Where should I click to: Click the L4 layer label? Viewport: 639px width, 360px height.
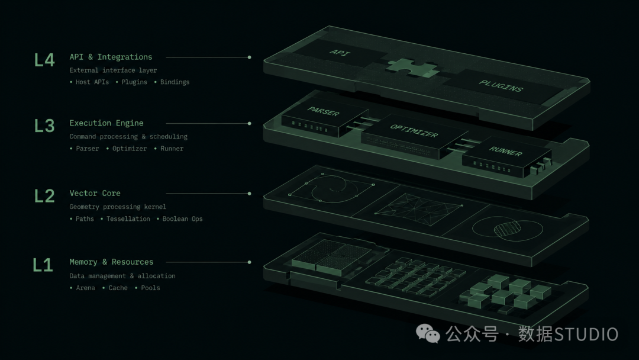(44, 60)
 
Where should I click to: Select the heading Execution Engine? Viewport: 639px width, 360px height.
(106, 123)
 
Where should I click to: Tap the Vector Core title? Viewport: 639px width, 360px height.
(95, 193)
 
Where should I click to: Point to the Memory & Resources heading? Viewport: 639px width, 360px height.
(111, 262)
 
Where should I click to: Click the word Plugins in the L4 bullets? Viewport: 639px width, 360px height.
(134, 82)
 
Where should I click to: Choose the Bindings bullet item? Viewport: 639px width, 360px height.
(175, 82)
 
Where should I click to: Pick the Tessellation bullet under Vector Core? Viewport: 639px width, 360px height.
(128, 219)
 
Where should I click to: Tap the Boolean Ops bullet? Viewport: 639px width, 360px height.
(182, 219)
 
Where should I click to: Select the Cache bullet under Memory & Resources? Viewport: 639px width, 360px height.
(118, 288)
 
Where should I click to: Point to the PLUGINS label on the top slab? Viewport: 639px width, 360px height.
(501, 86)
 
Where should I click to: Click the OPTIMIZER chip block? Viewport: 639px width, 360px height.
(414, 137)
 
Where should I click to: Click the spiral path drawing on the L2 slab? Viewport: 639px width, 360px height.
(331, 188)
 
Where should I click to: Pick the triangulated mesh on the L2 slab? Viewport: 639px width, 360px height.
(418, 209)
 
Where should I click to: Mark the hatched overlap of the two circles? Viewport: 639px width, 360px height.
(508, 229)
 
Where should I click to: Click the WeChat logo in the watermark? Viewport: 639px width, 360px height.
(428, 333)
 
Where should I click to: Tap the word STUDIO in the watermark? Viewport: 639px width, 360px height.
(586, 335)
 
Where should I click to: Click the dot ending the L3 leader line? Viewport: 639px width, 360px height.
(250, 124)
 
